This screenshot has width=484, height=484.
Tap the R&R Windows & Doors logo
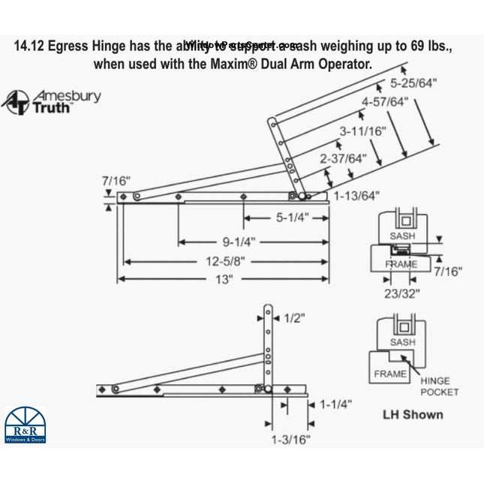click(25, 424)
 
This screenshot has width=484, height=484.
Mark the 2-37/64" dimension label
click(343, 158)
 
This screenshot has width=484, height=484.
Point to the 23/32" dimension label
click(402, 293)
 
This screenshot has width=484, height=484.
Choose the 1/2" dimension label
click(295, 318)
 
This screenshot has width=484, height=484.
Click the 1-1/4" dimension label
click(335, 404)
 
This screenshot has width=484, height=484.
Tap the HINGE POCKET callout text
click(440, 386)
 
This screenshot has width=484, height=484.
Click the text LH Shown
click(413, 414)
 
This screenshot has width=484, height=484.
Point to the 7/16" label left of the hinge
click(116, 181)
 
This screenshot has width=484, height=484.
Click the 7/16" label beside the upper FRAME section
click(448, 271)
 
